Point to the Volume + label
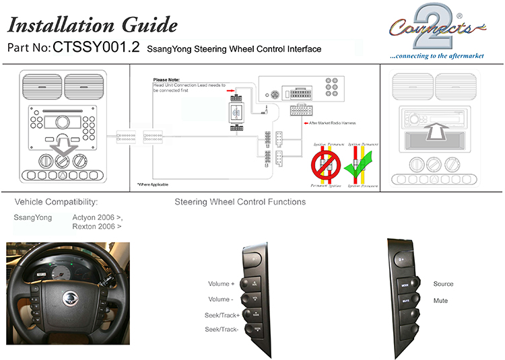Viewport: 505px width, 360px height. pos(222,284)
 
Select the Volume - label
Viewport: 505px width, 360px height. pos(221,299)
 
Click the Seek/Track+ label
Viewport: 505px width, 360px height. pos(222,315)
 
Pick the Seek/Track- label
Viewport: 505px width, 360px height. pos(222,329)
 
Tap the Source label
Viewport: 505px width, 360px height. pos(443,284)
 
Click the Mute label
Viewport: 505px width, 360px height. pos(440,301)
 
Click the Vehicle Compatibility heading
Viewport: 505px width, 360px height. pos(56,202)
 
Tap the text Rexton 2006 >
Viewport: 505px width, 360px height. pos(97,227)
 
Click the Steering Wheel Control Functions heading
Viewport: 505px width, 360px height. pos(240,202)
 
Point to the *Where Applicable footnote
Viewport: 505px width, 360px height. pos(153,184)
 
